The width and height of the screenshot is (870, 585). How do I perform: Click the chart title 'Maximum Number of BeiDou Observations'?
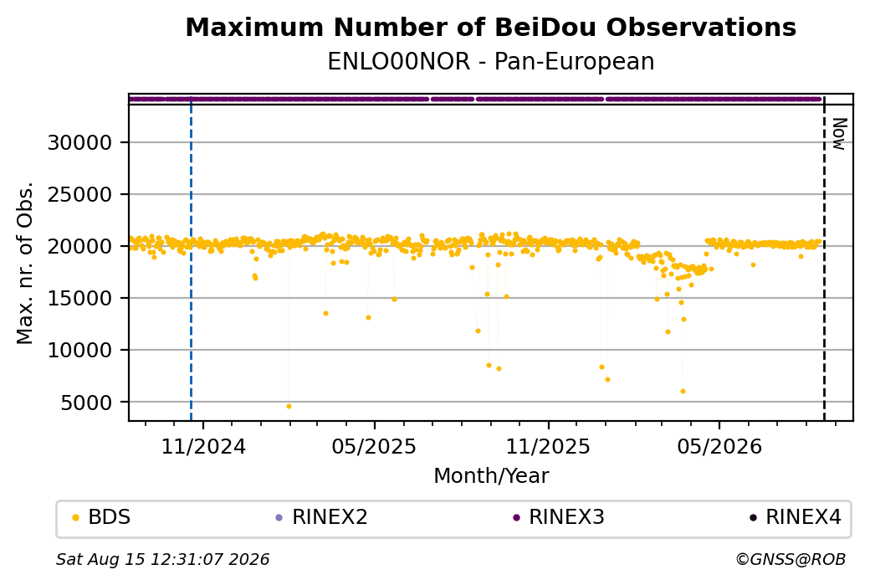tap(490, 27)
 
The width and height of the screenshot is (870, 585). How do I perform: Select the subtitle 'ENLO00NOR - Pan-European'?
tap(490, 61)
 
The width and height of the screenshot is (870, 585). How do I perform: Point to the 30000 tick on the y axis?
tap(80, 142)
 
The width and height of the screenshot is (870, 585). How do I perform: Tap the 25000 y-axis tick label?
tap(80, 195)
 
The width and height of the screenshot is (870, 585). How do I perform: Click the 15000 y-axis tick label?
tap(80, 299)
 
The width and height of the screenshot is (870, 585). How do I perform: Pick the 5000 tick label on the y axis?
tap(86, 403)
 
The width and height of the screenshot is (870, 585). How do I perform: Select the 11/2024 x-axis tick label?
tap(203, 446)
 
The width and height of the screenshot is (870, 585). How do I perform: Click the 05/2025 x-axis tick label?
tap(374, 446)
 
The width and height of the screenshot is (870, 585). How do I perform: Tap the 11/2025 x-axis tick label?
tap(548, 446)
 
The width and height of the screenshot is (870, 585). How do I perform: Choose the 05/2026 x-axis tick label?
tap(719, 446)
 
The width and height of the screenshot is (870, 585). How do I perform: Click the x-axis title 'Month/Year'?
tap(491, 475)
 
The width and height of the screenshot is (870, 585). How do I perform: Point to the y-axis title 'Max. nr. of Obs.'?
tap(25, 263)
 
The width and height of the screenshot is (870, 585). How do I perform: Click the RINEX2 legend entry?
tap(322, 517)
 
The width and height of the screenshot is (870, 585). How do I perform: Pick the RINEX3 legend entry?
tap(559, 517)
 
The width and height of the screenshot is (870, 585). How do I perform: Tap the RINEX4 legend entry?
tap(796, 517)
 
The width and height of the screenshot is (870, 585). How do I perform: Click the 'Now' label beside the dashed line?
tap(838, 134)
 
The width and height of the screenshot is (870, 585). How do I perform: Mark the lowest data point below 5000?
tap(289, 406)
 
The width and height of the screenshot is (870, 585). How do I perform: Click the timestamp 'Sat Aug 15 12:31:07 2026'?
tap(162, 559)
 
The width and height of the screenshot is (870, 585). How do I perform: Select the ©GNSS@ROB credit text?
tap(791, 559)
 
